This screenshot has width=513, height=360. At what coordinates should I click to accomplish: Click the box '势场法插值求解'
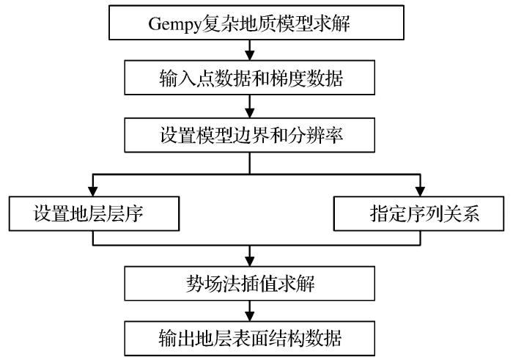pos(251,282)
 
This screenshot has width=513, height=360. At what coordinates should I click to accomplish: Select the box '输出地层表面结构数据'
pos(251,338)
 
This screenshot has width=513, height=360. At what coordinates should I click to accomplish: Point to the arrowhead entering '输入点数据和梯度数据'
pos(251,56)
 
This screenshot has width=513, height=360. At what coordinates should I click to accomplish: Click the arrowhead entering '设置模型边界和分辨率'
pos(251,114)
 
